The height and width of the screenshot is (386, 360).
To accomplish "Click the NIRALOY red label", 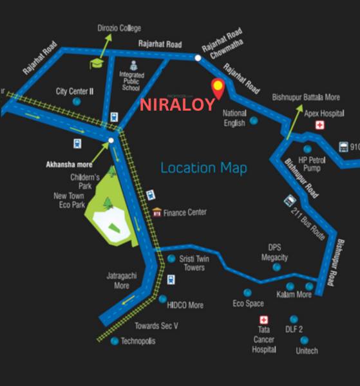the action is point(177,105).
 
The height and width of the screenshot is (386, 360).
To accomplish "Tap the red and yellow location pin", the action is point(218,88).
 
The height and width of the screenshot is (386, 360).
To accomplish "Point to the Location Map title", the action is point(204,168).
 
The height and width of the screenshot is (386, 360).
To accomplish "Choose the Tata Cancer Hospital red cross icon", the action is point(263,320).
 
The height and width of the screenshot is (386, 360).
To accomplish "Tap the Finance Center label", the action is point(185,212).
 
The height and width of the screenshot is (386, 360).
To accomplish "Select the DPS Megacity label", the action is point(274,252).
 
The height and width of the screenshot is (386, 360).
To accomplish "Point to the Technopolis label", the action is point(138,341).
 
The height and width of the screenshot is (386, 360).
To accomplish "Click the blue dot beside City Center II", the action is point(77,102).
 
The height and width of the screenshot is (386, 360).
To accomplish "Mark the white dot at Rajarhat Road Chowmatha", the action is point(198,58).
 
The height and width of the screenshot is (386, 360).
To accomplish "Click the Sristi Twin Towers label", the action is point(192,263).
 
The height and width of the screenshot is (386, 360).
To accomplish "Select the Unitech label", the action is point(307,351).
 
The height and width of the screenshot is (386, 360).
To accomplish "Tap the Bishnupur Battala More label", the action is point(306,97).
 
